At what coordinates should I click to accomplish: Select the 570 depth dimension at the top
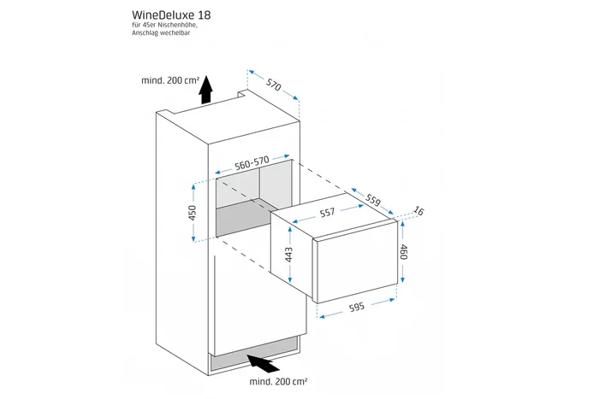point(274,84)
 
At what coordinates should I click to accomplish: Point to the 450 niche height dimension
point(193,211)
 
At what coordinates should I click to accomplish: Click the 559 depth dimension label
point(372,199)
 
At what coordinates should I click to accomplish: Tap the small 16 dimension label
point(418,211)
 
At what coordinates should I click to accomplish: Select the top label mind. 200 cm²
point(170,80)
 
